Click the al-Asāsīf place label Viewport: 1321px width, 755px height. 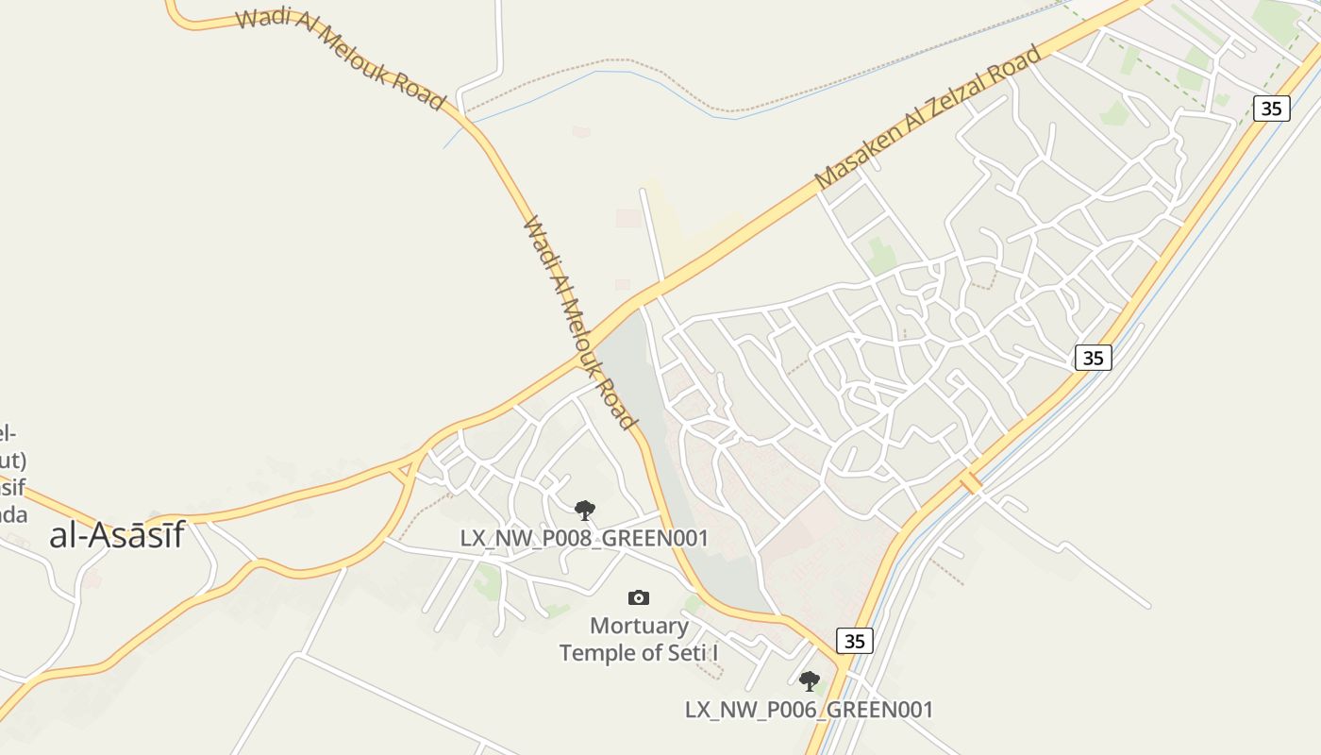(x=116, y=536)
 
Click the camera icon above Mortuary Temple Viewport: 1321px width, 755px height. (x=639, y=597)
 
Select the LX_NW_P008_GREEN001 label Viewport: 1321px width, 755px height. (x=584, y=538)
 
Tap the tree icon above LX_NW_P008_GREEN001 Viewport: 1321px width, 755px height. (x=585, y=511)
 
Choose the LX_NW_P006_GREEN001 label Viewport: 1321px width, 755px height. (x=809, y=710)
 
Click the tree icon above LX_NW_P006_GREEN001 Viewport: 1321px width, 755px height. (x=809, y=680)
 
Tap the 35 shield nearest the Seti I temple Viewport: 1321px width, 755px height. (x=854, y=641)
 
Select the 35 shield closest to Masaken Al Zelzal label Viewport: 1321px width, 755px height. (x=1271, y=108)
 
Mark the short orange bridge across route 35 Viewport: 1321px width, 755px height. (x=970, y=482)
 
